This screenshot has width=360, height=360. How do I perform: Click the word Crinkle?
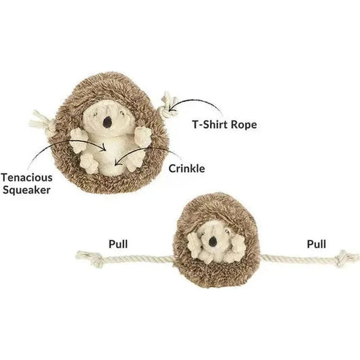(x=186, y=169)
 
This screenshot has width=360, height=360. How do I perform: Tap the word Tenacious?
(x=27, y=178)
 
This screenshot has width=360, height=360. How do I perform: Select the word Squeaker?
(x=26, y=190)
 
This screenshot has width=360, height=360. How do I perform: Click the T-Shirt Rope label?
(x=224, y=125)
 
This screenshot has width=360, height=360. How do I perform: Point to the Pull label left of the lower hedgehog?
(x=118, y=244)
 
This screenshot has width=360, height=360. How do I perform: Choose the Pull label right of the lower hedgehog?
(x=316, y=244)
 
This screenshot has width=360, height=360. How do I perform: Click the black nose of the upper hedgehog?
(x=107, y=122)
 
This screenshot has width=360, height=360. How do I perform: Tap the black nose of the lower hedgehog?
(x=213, y=241)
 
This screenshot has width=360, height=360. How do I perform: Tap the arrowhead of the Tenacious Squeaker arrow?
(x=105, y=147)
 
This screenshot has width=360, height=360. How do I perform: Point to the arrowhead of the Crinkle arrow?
(x=117, y=162)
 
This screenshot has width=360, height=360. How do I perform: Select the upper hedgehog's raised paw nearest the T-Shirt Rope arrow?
(x=143, y=136)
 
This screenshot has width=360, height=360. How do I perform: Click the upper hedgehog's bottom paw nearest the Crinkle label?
(x=135, y=160)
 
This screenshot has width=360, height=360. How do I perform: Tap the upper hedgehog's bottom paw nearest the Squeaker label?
(x=90, y=163)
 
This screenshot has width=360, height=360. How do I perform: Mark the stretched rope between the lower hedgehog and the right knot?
(x=298, y=259)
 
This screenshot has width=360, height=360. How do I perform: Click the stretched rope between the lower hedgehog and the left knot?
(x=138, y=259)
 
